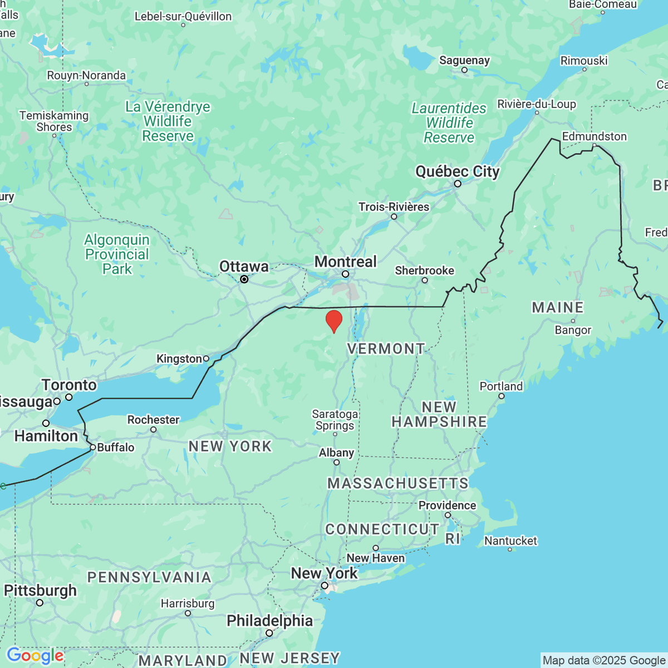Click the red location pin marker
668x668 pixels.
333,321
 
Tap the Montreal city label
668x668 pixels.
345,262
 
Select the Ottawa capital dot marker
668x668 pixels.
244,279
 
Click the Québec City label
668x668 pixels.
458,171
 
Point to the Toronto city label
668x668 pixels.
69,385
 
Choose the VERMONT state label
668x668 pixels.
386,349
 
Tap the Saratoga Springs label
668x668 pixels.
335,420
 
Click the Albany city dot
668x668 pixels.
336,462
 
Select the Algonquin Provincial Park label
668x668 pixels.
117,254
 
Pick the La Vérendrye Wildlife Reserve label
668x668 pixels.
168,121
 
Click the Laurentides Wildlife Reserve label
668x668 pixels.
449,123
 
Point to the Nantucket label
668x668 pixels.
510,541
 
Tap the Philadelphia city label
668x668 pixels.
269,621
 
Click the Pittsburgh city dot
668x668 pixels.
40,602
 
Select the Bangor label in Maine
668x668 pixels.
573,330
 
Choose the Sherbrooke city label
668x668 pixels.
424,271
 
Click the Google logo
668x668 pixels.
35,656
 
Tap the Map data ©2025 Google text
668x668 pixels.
604,661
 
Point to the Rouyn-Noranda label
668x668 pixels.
86,75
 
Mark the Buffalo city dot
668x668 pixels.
93,447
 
